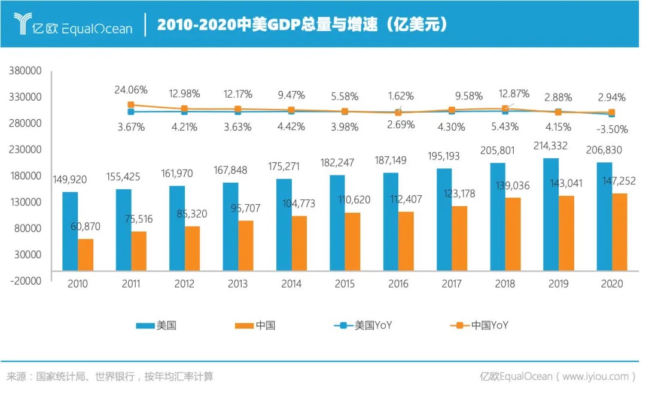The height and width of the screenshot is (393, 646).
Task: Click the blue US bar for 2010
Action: pyautogui.click(x=71, y=231)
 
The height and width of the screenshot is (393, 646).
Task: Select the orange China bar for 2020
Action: pyautogui.click(x=620, y=231)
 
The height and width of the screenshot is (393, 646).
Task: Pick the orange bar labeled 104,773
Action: pyautogui.click(x=300, y=243)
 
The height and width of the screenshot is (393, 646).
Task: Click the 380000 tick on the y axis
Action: pyautogui.click(x=25, y=71)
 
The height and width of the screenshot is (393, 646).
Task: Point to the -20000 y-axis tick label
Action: pyautogui.click(x=25, y=280)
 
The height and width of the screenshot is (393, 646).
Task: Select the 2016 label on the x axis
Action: pyautogui.click(x=398, y=284)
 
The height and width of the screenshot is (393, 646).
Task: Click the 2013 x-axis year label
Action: pyautogui.click(x=237, y=284)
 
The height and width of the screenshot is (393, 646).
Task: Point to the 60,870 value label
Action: pyautogui.click(x=85, y=226)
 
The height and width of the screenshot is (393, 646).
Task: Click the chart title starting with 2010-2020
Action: pyautogui.click(x=302, y=25)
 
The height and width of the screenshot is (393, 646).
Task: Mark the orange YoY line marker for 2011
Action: pyautogui.click(x=131, y=105)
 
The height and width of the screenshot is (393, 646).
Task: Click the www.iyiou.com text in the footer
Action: pyautogui.click(x=595, y=376)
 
